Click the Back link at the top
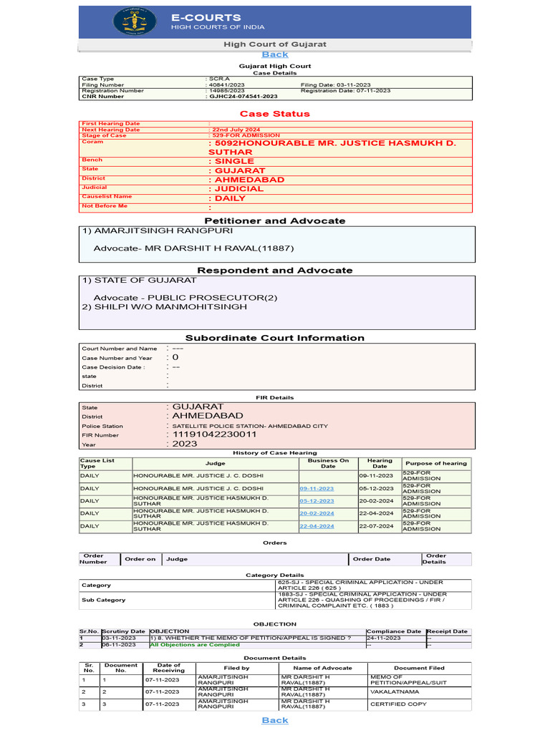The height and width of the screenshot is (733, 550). point(275,54)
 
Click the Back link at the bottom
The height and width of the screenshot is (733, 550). point(275,720)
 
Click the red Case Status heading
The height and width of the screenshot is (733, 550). point(275,114)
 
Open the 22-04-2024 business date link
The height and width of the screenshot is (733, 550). point(317,525)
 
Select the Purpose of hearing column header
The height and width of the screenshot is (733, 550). point(435,464)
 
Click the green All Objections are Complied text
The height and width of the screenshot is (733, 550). point(195,645)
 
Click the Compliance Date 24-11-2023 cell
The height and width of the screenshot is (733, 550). point(384,638)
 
